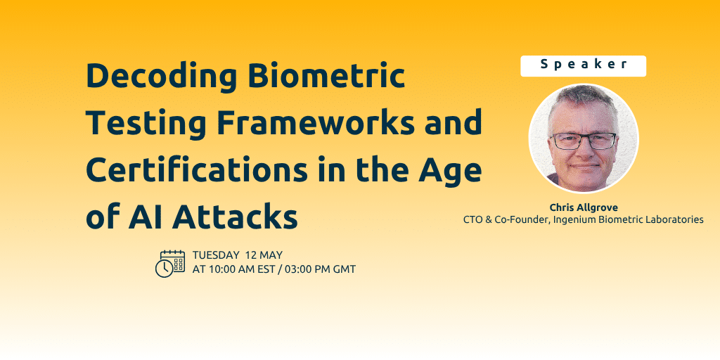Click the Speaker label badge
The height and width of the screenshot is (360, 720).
[x=583, y=65]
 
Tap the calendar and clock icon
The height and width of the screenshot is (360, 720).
[x=169, y=263]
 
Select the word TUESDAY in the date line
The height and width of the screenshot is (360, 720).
[x=215, y=255]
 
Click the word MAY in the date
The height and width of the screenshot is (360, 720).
[x=272, y=255]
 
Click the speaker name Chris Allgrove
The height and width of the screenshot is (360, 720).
[x=583, y=207]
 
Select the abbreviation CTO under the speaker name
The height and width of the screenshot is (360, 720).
[x=473, y=219]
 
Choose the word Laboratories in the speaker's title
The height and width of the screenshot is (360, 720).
[x=674, y=219]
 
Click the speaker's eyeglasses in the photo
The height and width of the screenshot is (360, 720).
[x=583, y=140]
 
